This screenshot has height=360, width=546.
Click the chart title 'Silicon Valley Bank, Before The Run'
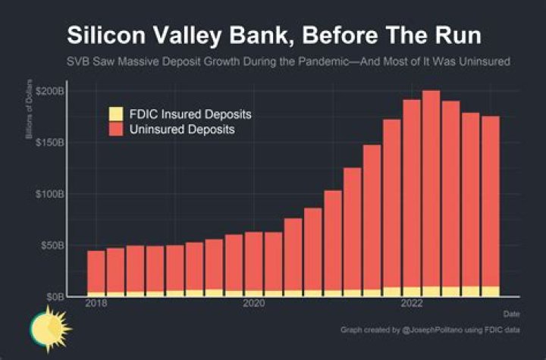click(273, 36)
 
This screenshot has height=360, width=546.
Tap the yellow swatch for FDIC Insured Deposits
click(115, 114)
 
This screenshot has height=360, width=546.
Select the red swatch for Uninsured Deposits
click(115, 130)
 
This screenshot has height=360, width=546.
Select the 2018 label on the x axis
click(96, 304)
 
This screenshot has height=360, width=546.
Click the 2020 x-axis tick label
click(253, 304)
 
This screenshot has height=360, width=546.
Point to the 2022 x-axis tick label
click(412, 304)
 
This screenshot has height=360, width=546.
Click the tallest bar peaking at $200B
click(431, 189)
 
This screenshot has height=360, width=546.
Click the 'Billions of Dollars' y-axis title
click(29, 114)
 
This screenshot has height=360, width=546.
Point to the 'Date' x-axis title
click(512, 313)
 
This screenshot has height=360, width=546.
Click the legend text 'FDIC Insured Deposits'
click(190, 114)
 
